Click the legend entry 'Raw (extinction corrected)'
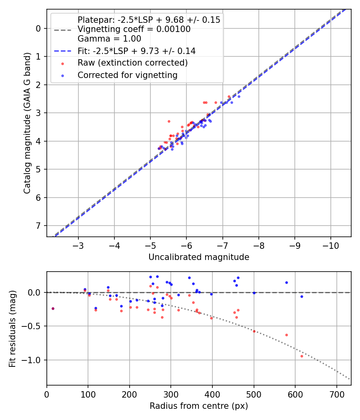(132, 63)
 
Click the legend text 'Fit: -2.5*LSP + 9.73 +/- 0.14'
(136, 51)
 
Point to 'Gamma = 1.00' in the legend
(109, 39)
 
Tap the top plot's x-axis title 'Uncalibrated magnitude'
(199, 257)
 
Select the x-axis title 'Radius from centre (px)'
(199, 406)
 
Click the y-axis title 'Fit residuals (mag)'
(13, 328)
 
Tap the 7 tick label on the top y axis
(39, 226)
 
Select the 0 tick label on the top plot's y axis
(39, 28)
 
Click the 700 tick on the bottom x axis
(336, 393)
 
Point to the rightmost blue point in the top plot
(239, 96)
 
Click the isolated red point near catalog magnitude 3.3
(169, 121)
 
